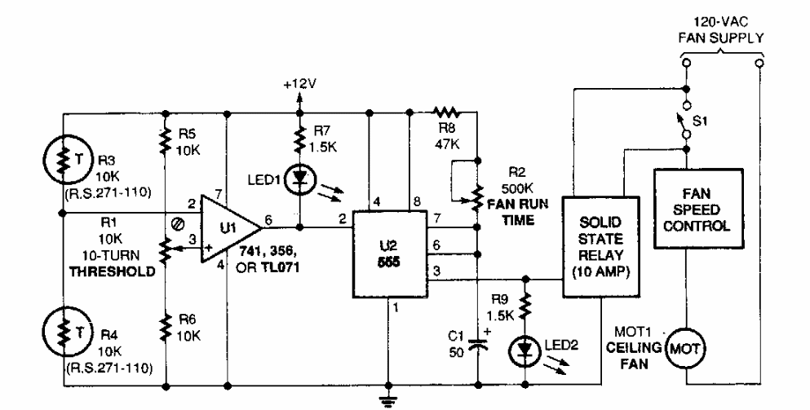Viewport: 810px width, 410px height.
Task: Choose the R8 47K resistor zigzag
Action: tap(446, 112)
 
